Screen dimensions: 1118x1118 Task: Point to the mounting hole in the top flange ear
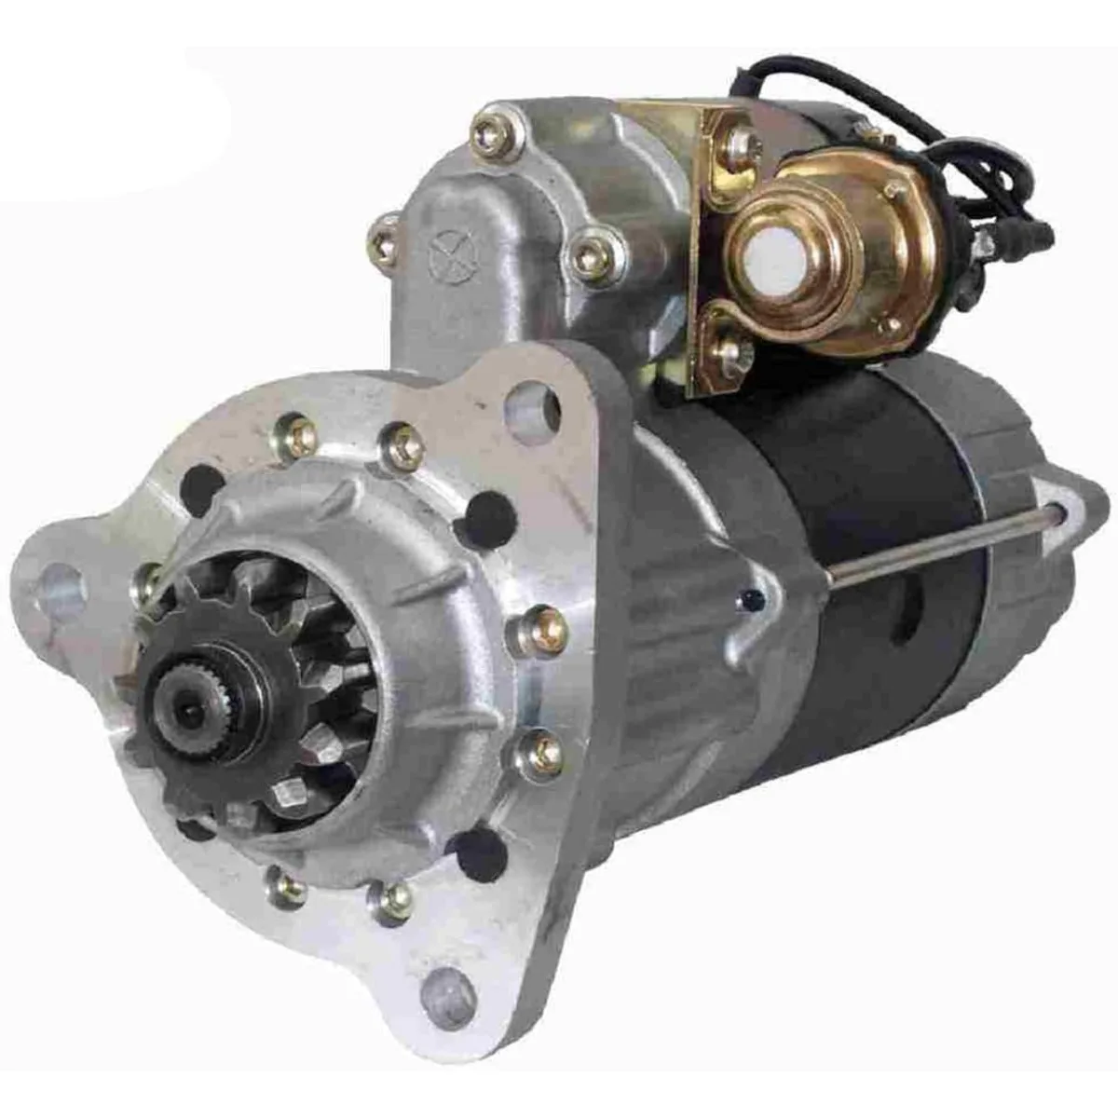click(x=531, y=407)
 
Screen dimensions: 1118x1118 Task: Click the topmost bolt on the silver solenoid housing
click(x=491, y=133)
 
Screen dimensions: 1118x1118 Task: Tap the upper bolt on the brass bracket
click(x=741, y=143)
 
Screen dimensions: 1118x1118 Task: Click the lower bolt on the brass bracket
click(x=734, y=352)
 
